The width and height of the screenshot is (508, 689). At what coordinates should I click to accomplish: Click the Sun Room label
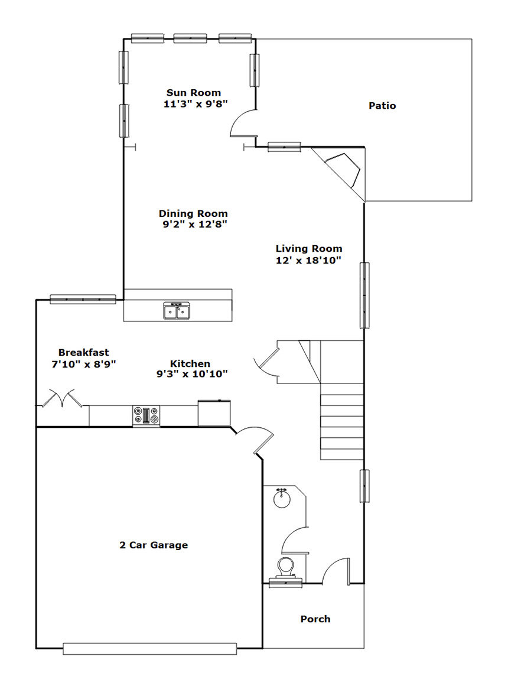coord(194,93)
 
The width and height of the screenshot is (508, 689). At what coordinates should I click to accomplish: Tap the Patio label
coord(382,105)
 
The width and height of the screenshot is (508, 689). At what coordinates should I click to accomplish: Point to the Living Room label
coord(309,249)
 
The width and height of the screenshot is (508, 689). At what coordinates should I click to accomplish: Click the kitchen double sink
coord(177,311)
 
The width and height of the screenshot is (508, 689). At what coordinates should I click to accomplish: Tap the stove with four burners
coord(146,415)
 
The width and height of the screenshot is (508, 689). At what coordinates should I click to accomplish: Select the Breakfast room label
coord(83,352)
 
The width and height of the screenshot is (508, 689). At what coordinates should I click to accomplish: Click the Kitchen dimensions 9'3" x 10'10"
coord(192,375)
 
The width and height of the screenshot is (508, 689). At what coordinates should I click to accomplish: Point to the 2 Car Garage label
coord(154,545)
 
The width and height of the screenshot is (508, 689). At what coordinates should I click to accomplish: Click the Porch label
coord(315,619)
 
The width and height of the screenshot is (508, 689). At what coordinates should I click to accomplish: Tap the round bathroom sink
coord(281,498)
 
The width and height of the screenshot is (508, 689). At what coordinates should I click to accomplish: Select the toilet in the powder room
coord(285,568)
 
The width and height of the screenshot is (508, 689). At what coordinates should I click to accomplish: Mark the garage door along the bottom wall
coord(149,649)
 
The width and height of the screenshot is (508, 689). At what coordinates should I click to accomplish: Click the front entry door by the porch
coord(336,571)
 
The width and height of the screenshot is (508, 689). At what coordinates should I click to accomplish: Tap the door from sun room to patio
coord(243,122)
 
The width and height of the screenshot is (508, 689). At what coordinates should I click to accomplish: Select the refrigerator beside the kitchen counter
coord(214,413)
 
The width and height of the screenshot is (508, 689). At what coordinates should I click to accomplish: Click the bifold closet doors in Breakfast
coord(61,398)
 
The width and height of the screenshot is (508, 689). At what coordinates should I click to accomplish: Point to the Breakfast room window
coord(83,299)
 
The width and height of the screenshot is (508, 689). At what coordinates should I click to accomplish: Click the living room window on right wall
coord(364,295)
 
